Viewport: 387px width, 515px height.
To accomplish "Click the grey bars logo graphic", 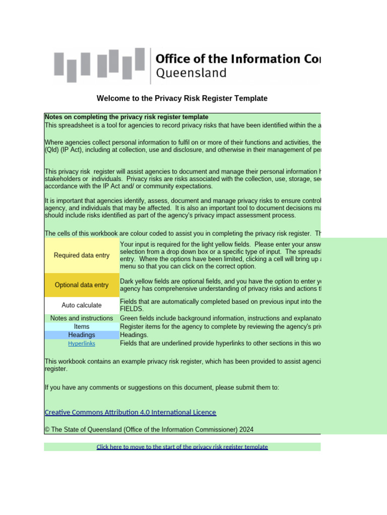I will (x=99, y=65).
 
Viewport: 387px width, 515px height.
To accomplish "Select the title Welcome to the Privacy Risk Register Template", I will (x=182, y=99).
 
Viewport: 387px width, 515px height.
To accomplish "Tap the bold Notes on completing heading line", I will (x=126, y=117).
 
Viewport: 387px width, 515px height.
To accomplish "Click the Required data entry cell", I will (x=82, y=255).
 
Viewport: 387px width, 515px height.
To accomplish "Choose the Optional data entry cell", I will (x=82, y=285).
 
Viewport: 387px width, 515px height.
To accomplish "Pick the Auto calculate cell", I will (x=82, y=305).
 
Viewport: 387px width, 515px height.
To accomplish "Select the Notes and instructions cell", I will (x=82, y=318).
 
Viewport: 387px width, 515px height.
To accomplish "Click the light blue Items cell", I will (x=82, y=326).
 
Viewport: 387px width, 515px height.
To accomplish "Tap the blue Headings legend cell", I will (x=82, y=335).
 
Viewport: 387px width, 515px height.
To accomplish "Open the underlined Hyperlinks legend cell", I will (x=82, y=344).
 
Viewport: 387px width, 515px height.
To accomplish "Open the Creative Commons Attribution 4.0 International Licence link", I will (x=131, y=412).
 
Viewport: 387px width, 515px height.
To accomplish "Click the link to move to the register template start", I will (x=182, y=447).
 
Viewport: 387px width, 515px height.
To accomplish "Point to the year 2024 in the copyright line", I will (x=246, y=430).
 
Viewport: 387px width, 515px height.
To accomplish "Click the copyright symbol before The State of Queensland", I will (x=47, y=430).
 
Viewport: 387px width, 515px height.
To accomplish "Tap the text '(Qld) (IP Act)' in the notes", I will (x=64, y=149).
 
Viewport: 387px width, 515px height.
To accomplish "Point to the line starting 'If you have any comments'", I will (x=162, y=387).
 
